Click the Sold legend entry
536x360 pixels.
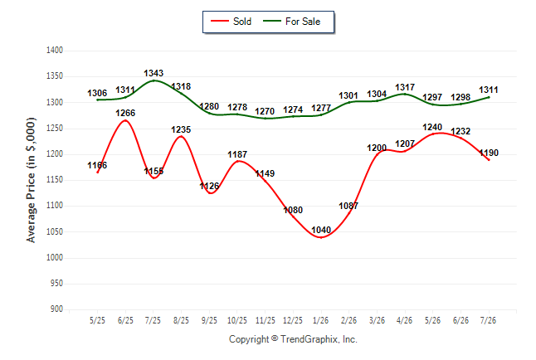pyautogui.click(x=231, y=22)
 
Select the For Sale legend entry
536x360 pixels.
pyautogui.click(x=291, y=22)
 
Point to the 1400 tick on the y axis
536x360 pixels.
pyautogui.click(x=55, y=51)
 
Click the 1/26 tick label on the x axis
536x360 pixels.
pyautogui.click(x=320, y=320)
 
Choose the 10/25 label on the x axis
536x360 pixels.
pyautogui.click(x=237, y=320)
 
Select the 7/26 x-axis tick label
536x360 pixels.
pyautogui.click(x=488, y=320)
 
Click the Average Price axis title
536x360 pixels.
pyautogui.click(x=31, y=180)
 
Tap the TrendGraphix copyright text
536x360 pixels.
pyautogui.click(x=293, y=339)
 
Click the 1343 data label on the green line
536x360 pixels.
pyautogui.click(x=153, y=73)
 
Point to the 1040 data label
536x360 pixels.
pyautogui.click(x=321, y=230)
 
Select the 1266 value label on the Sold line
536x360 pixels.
pyautogui.click(x=125, y=113)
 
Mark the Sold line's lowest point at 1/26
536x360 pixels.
pyautogui.click(x=321, y=237)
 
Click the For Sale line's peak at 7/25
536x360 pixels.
pyautogui.click(x=153, y=80)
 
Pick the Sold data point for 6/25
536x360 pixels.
pyautogui.click(x=125, y=120)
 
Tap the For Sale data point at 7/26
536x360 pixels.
pyautogui.click(x=489, y=97)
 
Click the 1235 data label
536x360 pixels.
pyautogui.click(x=181, y=130)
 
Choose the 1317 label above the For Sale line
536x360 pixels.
pyautogui.click(x=405, y=88)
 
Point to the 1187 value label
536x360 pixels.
pyautogui.click(x=237, y=154)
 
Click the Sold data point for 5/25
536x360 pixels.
pyautogui.click(x=97, y=173)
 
